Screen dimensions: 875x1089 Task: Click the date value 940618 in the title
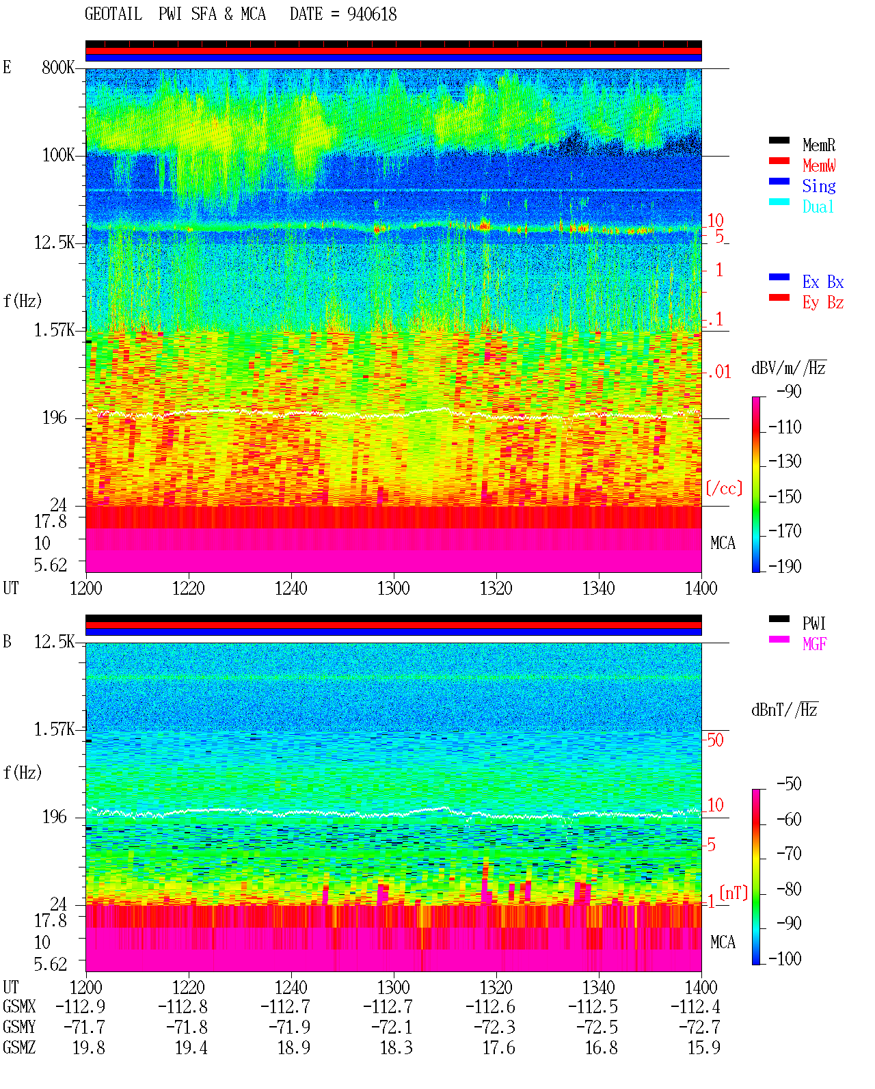(372, 14)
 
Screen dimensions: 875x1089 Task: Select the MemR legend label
(818, 145)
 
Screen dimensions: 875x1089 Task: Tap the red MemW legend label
(819, 165)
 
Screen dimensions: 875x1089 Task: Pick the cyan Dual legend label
(818, 206)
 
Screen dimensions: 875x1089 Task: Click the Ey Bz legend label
(823, 302)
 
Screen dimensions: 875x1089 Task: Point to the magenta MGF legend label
(814, 644)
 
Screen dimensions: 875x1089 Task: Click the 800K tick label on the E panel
(58, 67)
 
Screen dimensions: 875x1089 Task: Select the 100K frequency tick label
(58, 155)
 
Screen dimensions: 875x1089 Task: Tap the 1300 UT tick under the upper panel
(393, 588)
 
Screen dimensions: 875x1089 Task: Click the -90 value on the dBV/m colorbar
(789, 391)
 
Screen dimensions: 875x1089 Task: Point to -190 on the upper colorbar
(785, 566)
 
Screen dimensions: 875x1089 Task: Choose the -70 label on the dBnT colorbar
(789, 854)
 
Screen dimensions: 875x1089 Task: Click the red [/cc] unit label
(724, 488)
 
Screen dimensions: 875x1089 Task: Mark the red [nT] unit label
(733, 893)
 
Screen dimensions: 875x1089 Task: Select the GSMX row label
(19, 1006)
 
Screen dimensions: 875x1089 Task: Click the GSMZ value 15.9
(703, 1047)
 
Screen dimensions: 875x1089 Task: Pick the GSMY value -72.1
(392, 1027)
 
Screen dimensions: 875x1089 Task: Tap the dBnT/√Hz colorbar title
(784, 710)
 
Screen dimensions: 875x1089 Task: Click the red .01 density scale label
(718, 372)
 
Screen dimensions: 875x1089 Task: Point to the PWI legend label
(813, 623)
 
